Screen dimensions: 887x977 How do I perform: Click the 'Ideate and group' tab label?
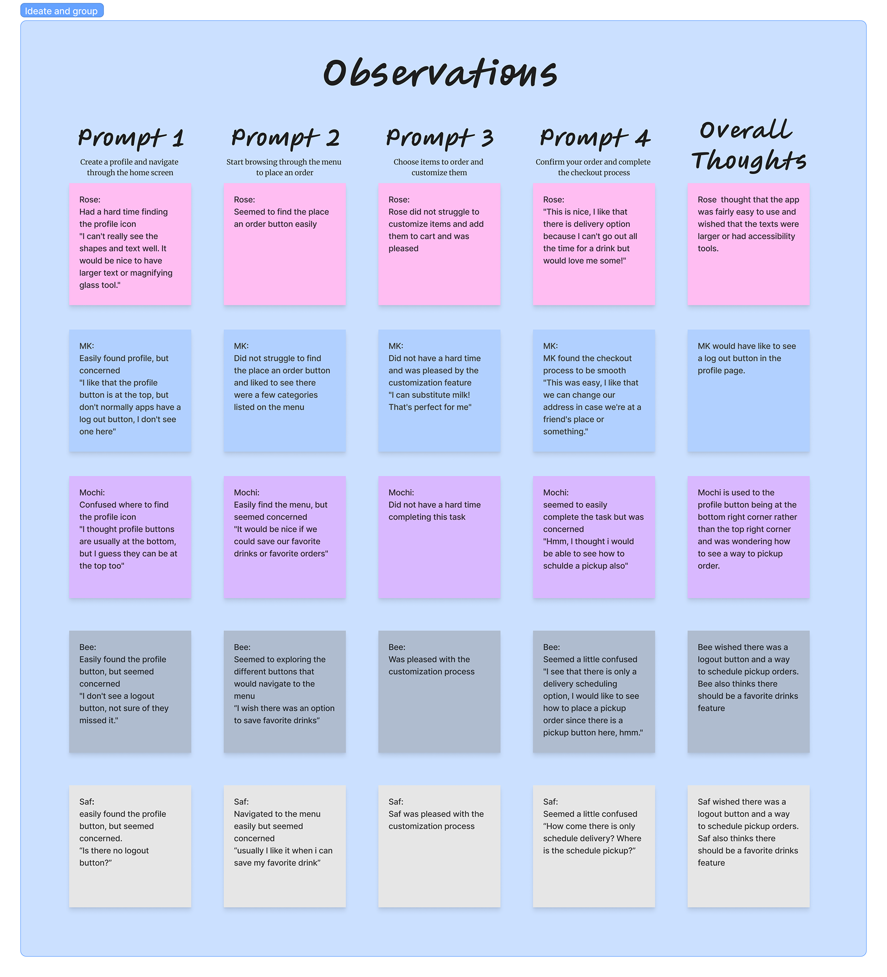(x=61, y=11)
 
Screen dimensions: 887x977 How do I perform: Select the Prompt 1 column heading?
(x=130, y=138)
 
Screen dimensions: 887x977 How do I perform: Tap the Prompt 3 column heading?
(x=439, y=138)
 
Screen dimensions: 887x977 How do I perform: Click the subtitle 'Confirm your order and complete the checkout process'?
(x=593, y=167)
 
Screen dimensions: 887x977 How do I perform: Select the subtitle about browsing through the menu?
(x=284, y=167)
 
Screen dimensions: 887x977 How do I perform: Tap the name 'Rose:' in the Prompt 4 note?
(x=553, y=200)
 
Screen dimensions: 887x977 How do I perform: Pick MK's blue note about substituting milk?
(x=439, y=391)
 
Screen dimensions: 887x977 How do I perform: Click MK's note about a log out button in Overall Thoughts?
(x=748, y=391)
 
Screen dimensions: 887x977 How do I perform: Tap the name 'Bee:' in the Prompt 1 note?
(x=88, y=648)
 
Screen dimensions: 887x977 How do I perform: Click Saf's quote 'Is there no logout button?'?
(x=115, y=857)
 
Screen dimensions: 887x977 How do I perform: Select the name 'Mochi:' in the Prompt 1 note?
(x=92, y=493)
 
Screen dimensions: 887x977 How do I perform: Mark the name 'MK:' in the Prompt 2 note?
(x=241, y=346)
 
